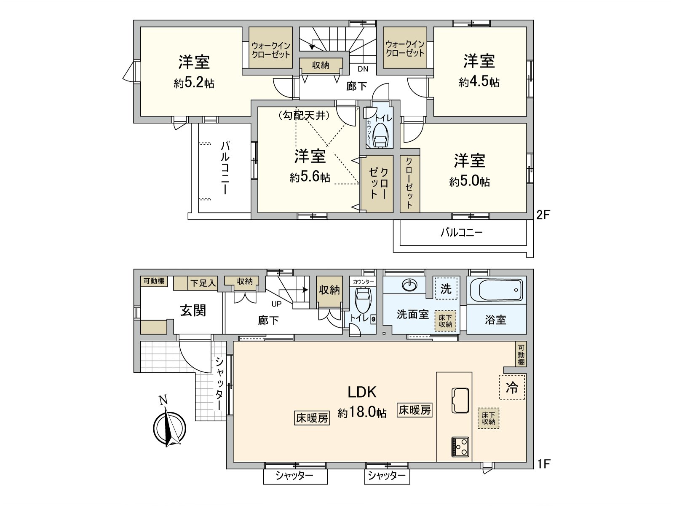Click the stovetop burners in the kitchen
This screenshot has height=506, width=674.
pos(460,446)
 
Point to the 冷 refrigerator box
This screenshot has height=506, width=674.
pos(512,388)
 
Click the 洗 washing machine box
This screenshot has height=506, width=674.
pos(446,289)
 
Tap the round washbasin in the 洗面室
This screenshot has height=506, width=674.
pos(409,285)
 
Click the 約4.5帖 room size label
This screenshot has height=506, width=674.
pos(479,82)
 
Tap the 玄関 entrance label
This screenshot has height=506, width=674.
pos(193,311)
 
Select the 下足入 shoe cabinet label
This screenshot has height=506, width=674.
pos(203,283)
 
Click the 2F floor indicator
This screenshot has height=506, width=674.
pos(543,215)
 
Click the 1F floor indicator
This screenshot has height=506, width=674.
pos(543,464)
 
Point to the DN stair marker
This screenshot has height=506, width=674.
pos(363,69)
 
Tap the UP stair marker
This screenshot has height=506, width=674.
pos(277,303)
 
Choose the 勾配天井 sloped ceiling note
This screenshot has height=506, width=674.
pos(304,116)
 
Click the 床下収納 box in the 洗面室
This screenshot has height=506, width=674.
pos(445,321)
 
